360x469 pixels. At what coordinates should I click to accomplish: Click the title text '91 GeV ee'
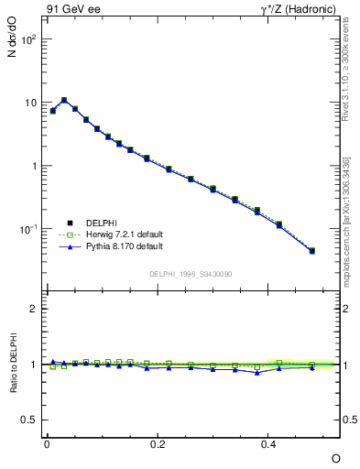point(71,10)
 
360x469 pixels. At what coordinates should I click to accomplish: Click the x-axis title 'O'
point(335,457)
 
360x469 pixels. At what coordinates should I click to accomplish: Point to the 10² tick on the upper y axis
point(29,41)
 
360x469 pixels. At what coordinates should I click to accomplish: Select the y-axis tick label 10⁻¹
point(29,229)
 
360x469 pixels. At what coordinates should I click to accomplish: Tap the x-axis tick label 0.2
point(158,442)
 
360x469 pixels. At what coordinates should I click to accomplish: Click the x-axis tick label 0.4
point(268,442)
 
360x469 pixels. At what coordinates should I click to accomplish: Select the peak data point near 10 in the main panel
point(64,100)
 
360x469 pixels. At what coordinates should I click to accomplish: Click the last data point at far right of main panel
point(312,250)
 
